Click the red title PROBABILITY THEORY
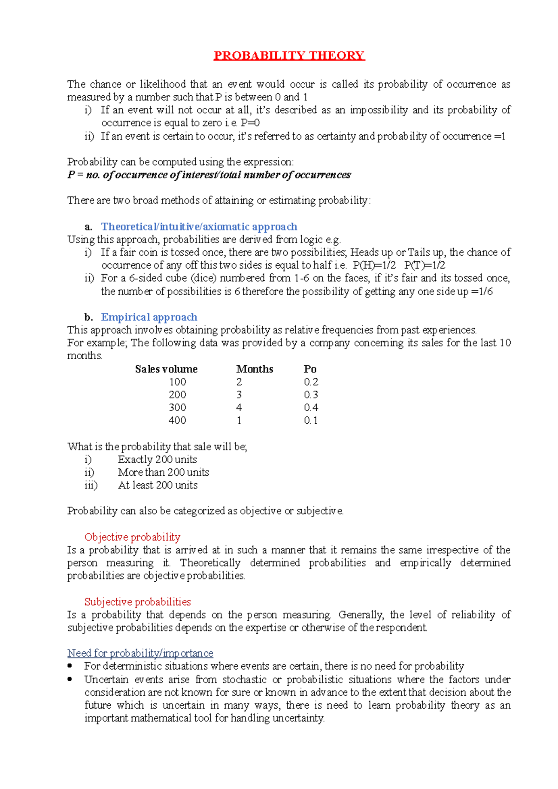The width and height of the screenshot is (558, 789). (x=289, y=56)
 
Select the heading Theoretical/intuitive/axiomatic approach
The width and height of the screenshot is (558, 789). (x=199, y=227)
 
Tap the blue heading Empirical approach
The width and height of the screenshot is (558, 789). (x=149, y=317)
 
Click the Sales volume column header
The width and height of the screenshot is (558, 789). (x=166, y=369)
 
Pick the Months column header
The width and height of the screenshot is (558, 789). (x=254, y=369)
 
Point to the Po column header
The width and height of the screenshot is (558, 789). (x=310, y=369)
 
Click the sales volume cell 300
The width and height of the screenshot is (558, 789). (x=177, y=408)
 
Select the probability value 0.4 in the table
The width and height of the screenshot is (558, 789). (x=311, y=408)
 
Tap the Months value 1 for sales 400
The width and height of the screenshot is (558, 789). (x=239, y=421)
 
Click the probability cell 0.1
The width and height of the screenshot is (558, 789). (x=311, y=421)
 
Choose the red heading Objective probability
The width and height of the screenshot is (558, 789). (x=132, y=537)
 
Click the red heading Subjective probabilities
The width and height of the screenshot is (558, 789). (x=138, y=602)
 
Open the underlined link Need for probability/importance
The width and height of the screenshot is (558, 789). (x=140, y=653)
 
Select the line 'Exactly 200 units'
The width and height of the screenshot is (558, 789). (x=157, y=460)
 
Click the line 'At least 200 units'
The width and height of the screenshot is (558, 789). (x=158, y=485)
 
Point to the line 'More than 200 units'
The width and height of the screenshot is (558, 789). (x=163, y=472)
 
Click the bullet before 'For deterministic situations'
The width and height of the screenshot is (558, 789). (x=70, y=665)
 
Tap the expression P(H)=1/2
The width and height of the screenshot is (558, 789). (x=374, y=265)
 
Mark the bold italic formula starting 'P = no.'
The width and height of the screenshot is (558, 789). (x=209, y=175)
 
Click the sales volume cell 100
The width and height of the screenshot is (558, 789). (x=177, y=382)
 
